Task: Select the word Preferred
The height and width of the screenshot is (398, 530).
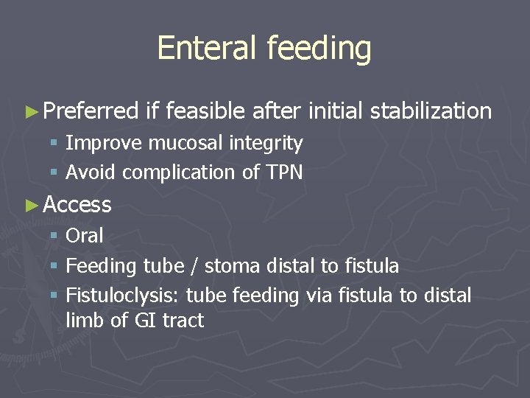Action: click(x=91, y=111)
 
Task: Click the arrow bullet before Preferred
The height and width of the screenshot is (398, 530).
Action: click(x=30, y=112)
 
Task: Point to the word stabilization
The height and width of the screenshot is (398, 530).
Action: click(x=431, y=111)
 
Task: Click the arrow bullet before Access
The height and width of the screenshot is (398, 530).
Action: click(x=30, y=205)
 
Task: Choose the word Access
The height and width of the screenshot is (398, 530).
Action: click(x=77, y=205)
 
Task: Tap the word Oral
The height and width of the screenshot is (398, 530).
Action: click(x=85, y=236)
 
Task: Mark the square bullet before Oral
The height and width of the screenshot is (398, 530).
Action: click(x=54, y=237)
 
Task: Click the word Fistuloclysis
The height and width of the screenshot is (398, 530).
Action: click(x=122, y=296)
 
